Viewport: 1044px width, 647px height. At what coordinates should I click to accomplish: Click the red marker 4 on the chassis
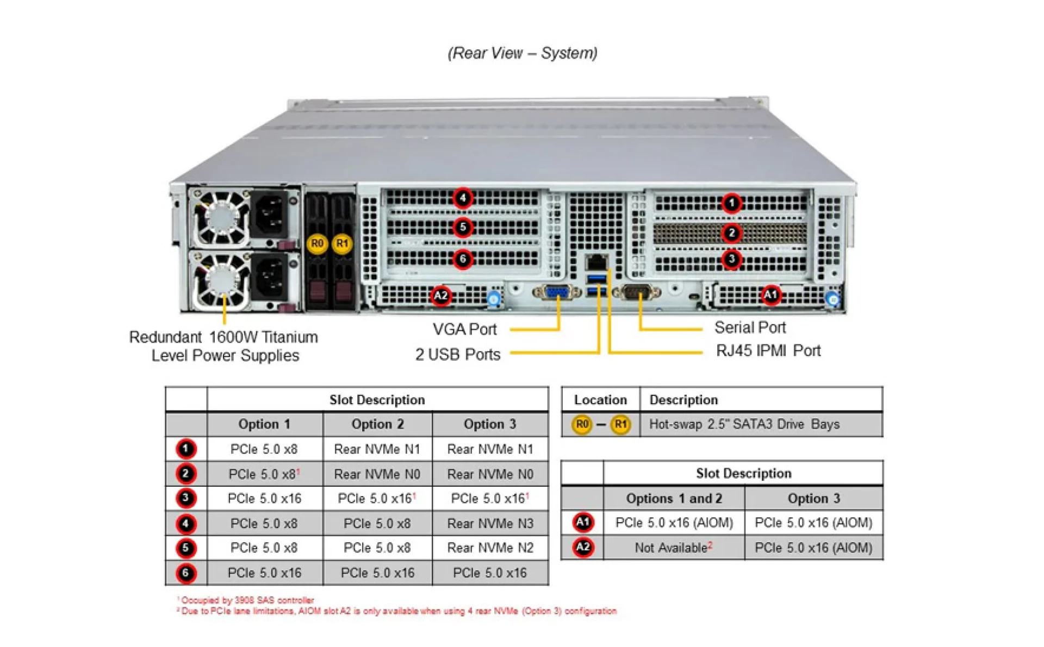(x=463, y=198)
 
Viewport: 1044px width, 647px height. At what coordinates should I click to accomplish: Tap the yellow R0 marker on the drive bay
(x=317, y=243)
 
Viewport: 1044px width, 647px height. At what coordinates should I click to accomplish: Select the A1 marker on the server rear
(x=770, y=295)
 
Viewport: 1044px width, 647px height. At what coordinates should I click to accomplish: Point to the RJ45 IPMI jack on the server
(x=596, y=261)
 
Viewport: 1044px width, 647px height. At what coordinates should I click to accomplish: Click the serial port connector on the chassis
(x=637, y=293)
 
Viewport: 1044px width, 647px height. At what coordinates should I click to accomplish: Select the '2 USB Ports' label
(x=457, y=354)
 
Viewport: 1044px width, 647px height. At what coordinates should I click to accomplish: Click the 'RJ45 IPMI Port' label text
(x=768, y=351)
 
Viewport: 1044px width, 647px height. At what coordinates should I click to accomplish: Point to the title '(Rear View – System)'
(x=522, y=53)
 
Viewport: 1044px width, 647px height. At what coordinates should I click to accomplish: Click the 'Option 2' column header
(x=377, y=424)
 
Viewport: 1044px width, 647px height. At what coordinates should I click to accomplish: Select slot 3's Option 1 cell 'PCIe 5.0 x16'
(x=264, y=498)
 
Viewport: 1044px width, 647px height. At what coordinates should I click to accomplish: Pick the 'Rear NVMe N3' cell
(x=490, y=523)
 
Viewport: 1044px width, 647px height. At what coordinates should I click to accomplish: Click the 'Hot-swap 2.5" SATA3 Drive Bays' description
(x=744, y=424)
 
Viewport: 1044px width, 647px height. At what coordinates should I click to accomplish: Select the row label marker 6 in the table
(x=186, y=573)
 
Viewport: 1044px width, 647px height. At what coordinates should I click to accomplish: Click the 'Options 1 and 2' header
(x=674, y=498)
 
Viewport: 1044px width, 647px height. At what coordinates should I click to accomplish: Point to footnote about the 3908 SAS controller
(x=247, y=600)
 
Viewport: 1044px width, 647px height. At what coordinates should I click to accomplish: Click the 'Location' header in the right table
(x=600, y=400)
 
